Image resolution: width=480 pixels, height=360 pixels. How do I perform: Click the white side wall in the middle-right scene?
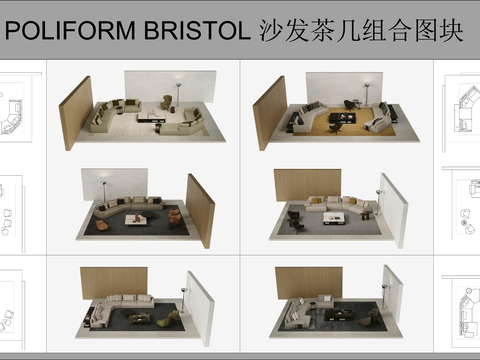[394, 210]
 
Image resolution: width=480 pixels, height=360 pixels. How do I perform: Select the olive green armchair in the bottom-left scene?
[173, 319]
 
